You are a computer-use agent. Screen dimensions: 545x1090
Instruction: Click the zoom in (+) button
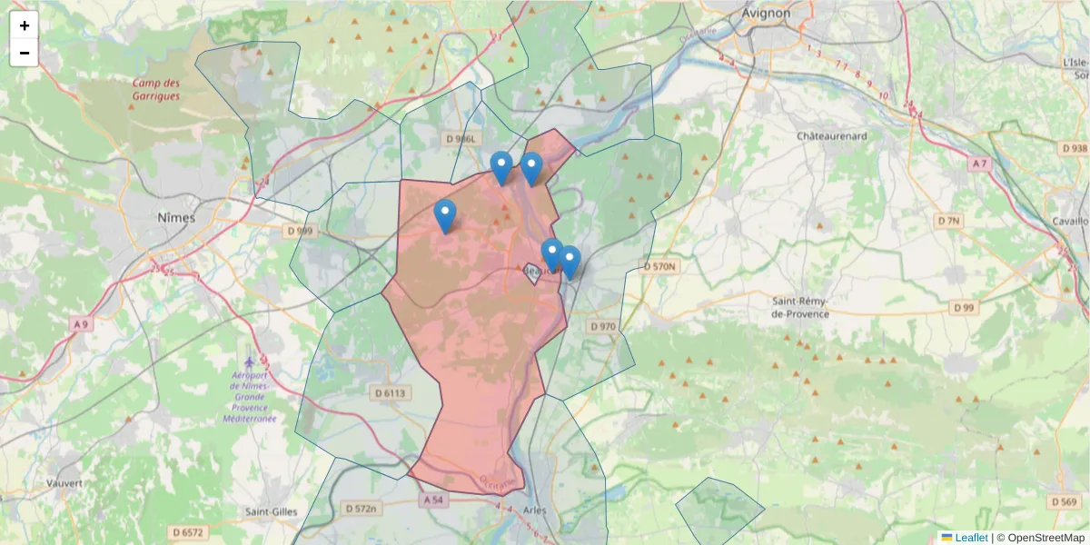25,25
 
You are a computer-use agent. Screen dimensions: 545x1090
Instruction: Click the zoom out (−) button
25,53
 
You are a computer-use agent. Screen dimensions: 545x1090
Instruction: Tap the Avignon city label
766,14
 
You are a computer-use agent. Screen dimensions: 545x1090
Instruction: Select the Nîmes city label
176,218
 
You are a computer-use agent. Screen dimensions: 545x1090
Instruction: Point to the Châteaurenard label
832,136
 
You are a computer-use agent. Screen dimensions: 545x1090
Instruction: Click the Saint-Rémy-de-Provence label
800,307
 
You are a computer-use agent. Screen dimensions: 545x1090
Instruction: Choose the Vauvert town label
64,483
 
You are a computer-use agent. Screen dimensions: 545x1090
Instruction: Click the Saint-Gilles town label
271,511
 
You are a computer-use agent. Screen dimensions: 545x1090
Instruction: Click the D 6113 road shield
391,393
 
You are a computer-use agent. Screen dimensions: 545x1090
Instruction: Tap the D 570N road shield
659,267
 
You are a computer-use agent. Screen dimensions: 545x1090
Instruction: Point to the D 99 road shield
964,308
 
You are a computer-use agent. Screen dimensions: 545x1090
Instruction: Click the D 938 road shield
1074,148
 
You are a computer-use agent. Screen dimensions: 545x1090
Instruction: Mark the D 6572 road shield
188,532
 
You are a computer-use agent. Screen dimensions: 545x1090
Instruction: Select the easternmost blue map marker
570,262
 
